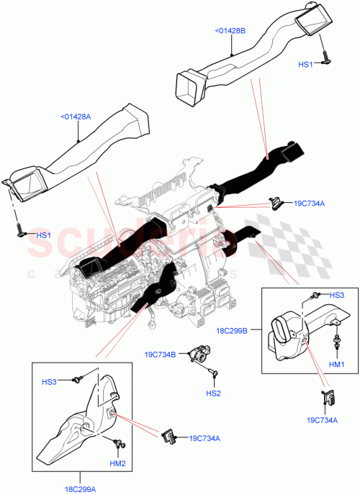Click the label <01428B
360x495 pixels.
[x=230, y=31]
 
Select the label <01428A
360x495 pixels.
[x=76, y=115]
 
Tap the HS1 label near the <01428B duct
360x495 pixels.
[x=306, y=65]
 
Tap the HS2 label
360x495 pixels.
[x=213, y=394]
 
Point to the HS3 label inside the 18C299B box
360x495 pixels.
[x=336, y=295]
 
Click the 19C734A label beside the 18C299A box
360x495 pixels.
[x=204, y=438]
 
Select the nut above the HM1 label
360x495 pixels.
[x=336, y=340]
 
